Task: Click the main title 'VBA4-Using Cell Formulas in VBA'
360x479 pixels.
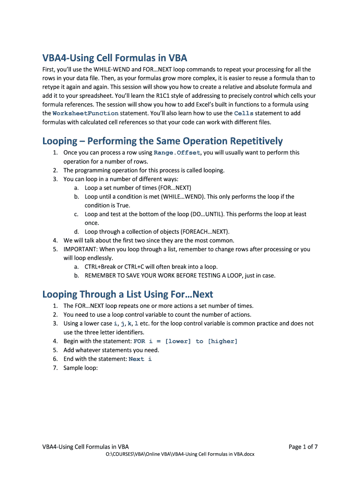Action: (x=115, y=58)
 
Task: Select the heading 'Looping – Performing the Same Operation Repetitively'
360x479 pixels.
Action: (x=162, y=141)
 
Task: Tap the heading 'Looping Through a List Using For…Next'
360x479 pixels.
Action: (x=127, y=294)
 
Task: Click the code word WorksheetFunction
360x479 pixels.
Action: (x=86, y=114)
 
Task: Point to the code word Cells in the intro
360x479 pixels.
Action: (x=244, y=114)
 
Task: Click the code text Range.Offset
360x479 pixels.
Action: (x=177, y=153)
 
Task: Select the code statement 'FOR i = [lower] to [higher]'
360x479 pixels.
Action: (x=186, y=341)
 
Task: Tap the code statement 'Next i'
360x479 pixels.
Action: (x=140, y=359)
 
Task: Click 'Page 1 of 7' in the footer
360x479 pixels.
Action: (x=303, y=447)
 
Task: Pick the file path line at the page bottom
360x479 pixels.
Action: (x=180, y=455)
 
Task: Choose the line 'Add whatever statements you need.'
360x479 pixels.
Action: (x=111, y=350)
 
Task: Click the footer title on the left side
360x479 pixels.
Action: (x=86, y=447)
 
